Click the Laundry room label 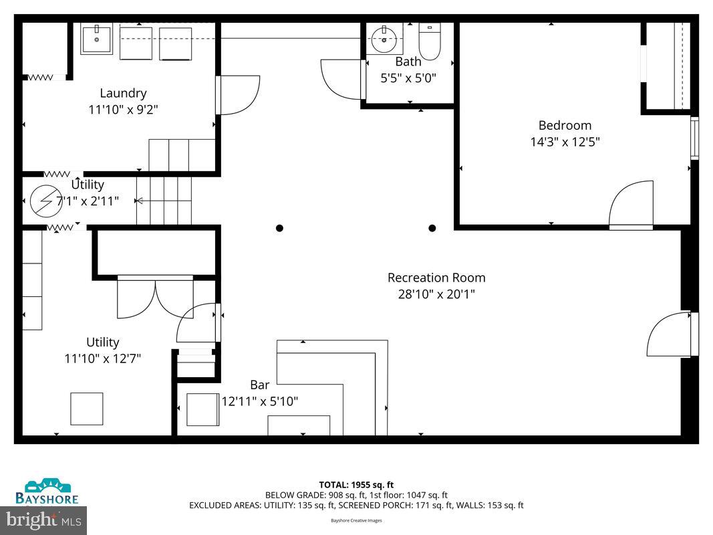(123, 93)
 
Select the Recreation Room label (436, 278)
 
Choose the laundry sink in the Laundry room (97, 39)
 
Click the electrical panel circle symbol (46, 201)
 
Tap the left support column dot (279, 228)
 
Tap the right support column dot (432, 228)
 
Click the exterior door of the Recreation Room (670, 334)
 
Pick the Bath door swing (341, 79)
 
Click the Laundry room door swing (239, 94)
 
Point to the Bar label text (260, 385)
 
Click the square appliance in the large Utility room (87, 409)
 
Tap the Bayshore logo (47, 491)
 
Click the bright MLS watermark (43, 519)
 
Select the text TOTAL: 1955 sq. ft (356, 485)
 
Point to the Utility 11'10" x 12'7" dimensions (102, 358)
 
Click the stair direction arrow (139, 201)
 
